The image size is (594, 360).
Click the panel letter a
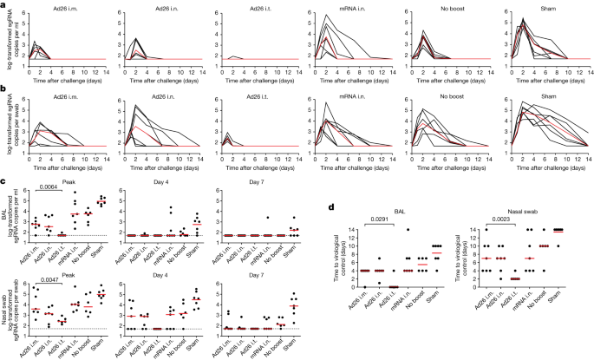tap(3, 4)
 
